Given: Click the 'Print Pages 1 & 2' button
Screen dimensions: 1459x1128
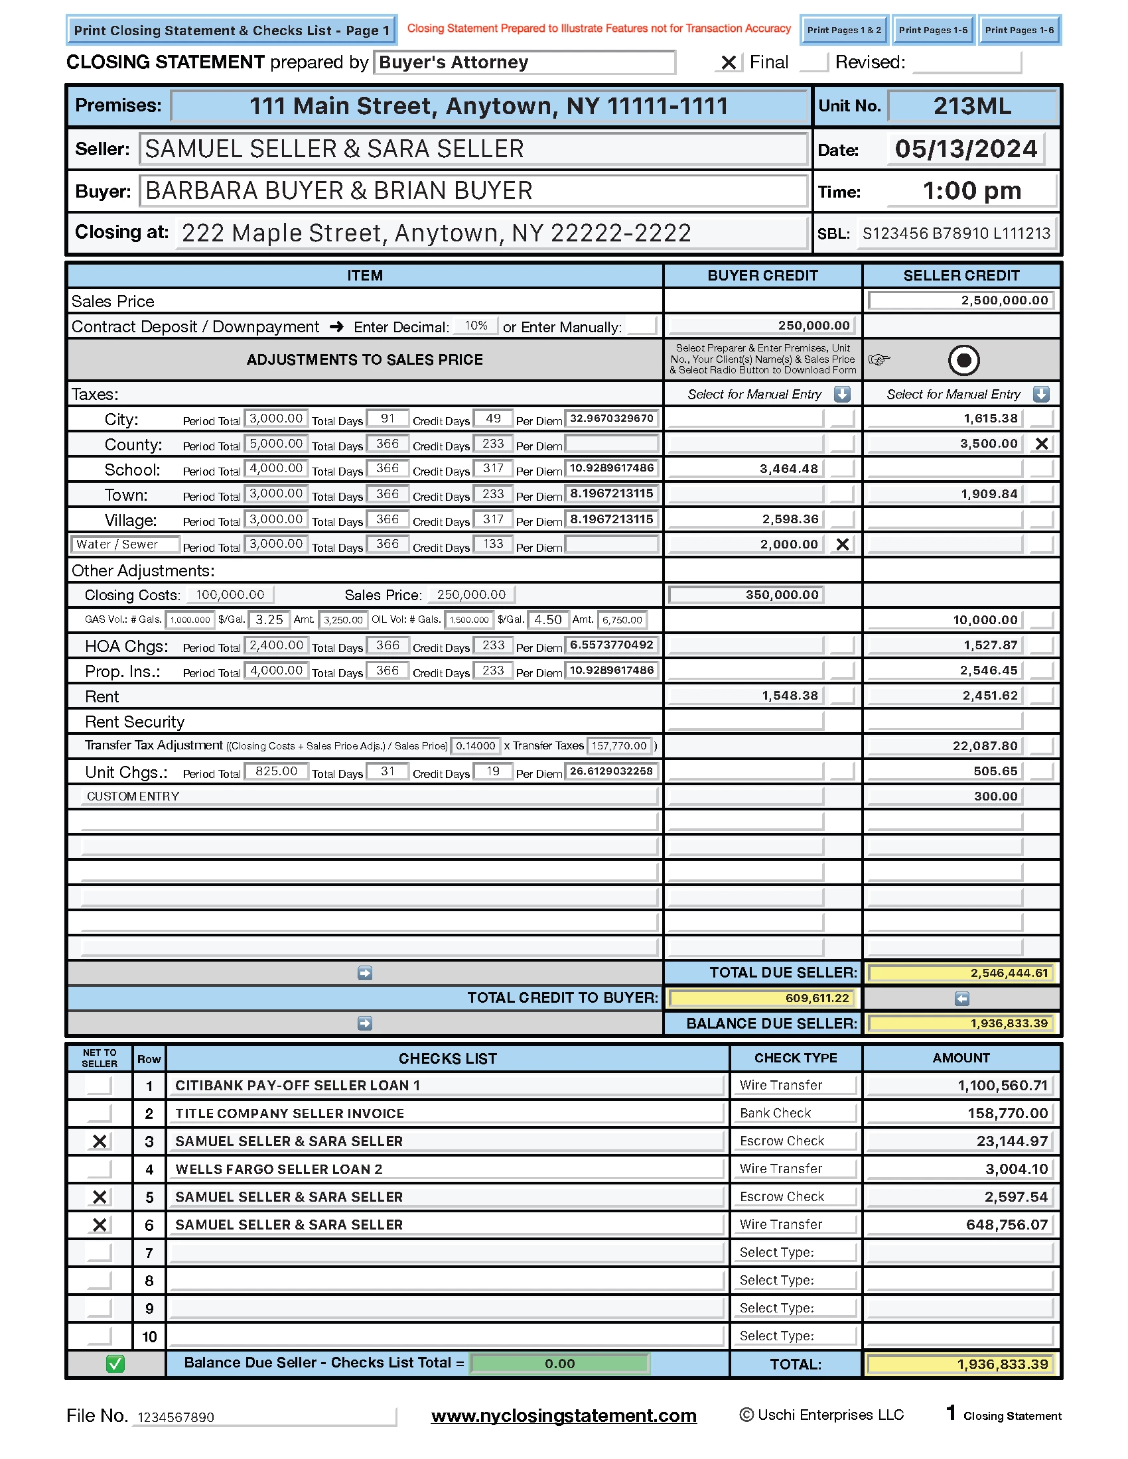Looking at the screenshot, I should click(x=844, y=30).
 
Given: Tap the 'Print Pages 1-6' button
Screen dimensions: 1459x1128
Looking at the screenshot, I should click(x=1019, y=30).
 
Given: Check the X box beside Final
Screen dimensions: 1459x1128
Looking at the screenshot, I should click(x=729, y=63).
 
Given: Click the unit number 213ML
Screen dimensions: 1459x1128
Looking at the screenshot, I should click(x=971, y=106).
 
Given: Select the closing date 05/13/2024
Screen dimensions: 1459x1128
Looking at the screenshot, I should click(x=965, y=149).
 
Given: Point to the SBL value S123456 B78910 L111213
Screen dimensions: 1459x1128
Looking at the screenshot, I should click(x=956, y=233).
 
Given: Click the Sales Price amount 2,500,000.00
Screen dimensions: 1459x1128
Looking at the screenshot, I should click(x=961, y=300).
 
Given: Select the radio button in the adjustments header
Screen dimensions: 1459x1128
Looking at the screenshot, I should click(x=963, y=360).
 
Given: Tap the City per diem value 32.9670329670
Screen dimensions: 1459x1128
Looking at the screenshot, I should click(x=612, y=419).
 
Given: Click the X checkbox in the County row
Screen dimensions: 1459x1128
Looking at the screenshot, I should click(x=1041, y=444).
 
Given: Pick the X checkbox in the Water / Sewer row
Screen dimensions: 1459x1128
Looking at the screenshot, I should click(x=843, y=544).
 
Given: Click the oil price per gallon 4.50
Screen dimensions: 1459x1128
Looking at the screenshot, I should click(x=548, y=620).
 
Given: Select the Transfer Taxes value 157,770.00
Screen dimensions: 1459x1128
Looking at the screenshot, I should click(x=619, y=746).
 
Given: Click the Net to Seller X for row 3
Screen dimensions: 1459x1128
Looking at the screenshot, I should click(x=100, y=1142).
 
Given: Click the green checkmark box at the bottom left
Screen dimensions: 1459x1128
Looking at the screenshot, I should click(x=115, y=1364).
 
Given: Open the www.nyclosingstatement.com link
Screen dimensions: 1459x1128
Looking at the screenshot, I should click(x=563, y=1417).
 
